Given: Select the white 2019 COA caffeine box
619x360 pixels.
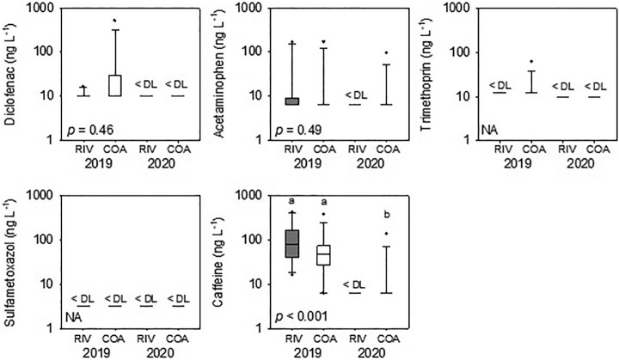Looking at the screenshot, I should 323,256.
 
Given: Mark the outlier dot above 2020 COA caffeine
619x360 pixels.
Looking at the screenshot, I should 386,233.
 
